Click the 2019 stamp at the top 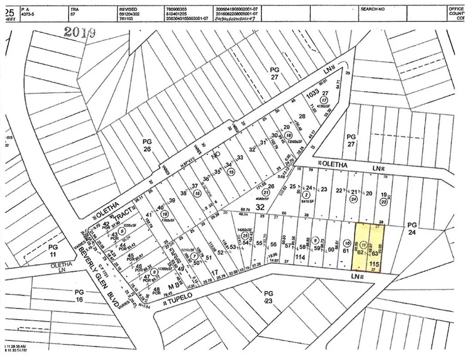79,32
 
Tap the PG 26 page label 147,145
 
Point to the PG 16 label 79,295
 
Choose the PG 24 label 412,229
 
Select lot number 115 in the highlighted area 374,264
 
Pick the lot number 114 299,257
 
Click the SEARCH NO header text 373,9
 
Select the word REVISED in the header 129,9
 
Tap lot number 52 221,253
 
